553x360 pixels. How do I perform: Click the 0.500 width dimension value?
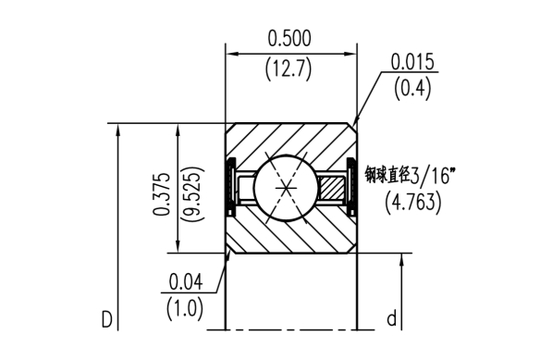point(289,38)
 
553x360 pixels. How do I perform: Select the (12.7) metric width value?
point(289,68)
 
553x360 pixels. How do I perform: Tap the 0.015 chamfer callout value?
point(412,63)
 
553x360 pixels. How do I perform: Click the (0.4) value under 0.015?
point(412,90)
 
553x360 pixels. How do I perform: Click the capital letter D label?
point(107,319)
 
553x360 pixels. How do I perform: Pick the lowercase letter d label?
point(391,319)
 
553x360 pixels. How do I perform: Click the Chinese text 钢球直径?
point(386,172)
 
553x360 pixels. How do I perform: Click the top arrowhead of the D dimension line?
point(117,130)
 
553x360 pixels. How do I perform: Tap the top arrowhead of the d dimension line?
point(402,258)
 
